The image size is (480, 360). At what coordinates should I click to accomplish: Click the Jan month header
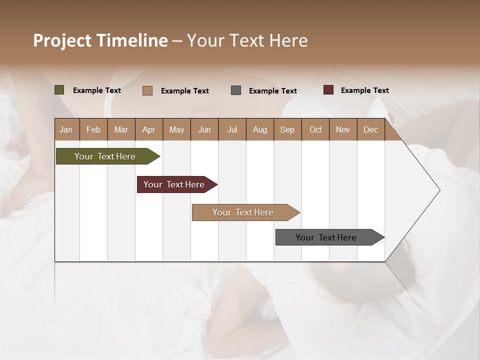(66, 129)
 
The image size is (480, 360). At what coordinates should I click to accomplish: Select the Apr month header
(149, 129)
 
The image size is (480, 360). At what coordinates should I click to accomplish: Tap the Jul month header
(232, 129)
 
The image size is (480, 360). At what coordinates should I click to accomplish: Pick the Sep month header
(287, 129)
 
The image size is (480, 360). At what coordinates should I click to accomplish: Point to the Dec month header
(370, 129)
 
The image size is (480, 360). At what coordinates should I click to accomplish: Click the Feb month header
(93, 129)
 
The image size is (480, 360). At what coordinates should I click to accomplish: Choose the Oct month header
(315, 129)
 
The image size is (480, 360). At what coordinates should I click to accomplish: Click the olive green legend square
(59, 90)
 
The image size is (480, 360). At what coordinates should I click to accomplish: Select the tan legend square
(147, 90)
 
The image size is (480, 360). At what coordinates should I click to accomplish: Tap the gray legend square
(236, 90)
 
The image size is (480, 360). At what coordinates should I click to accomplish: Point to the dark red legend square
(328, 90)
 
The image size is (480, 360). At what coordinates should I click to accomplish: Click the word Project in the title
(62, 40)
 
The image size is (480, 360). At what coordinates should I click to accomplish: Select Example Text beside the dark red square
(364, 90)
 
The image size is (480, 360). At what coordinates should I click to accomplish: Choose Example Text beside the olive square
(97, 90)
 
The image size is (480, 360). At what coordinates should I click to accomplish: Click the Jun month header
(204, 129)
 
